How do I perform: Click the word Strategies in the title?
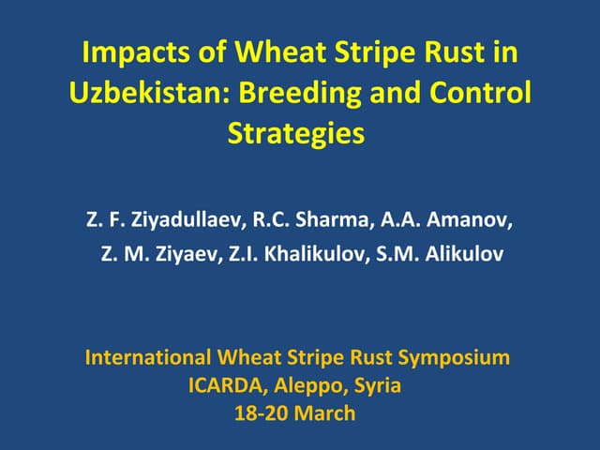[295, 133]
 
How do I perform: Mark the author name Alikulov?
[461, 254]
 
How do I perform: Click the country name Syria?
[377, 385]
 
